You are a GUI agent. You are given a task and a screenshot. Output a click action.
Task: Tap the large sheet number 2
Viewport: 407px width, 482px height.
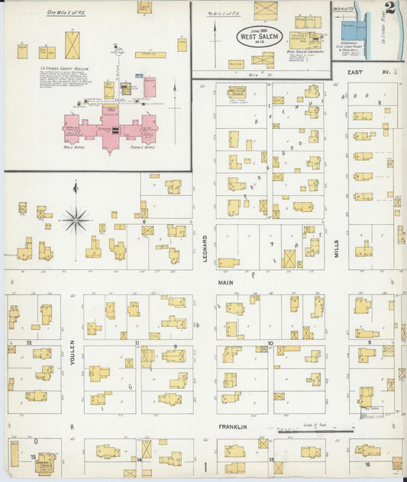click(389, 11)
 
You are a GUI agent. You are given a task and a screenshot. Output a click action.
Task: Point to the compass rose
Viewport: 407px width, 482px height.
click(75, 220)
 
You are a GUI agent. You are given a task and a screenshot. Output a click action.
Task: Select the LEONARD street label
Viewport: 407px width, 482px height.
click(205, 249)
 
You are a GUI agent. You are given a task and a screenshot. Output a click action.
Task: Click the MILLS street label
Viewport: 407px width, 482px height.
click(336, 248)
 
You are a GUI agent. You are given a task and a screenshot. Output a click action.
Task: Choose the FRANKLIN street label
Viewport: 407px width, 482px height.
click(233, 427)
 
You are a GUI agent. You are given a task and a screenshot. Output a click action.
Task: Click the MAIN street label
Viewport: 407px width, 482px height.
click(225, 282)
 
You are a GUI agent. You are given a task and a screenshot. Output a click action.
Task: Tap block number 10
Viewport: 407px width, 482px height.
click(270, 344)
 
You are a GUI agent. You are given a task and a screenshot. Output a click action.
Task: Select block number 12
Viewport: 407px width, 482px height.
click(29, 343)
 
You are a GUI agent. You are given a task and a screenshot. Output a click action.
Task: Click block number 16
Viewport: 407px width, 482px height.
click(367, 463)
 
